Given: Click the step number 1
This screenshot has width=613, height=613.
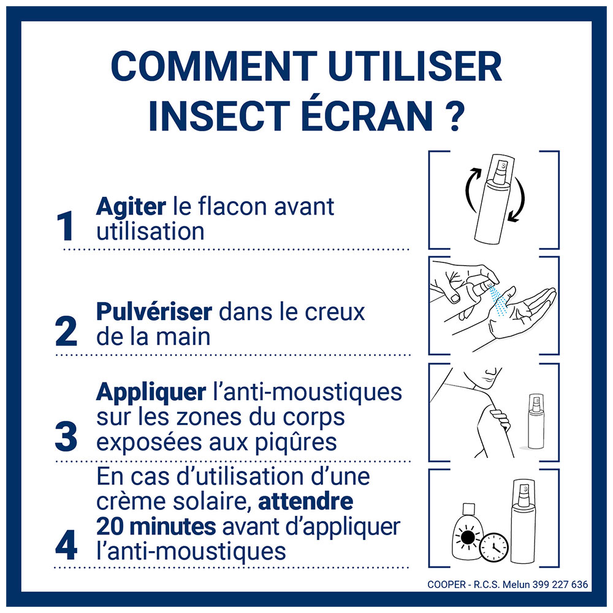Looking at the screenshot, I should [66, 227].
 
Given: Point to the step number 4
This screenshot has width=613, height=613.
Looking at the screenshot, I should [66, 545].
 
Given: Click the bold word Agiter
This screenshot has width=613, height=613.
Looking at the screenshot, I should [131, 207].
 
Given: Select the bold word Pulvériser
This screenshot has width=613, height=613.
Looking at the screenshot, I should [154, 312].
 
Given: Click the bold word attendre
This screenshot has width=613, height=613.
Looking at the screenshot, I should [305, 502].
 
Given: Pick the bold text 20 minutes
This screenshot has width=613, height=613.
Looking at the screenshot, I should [156, 527].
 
